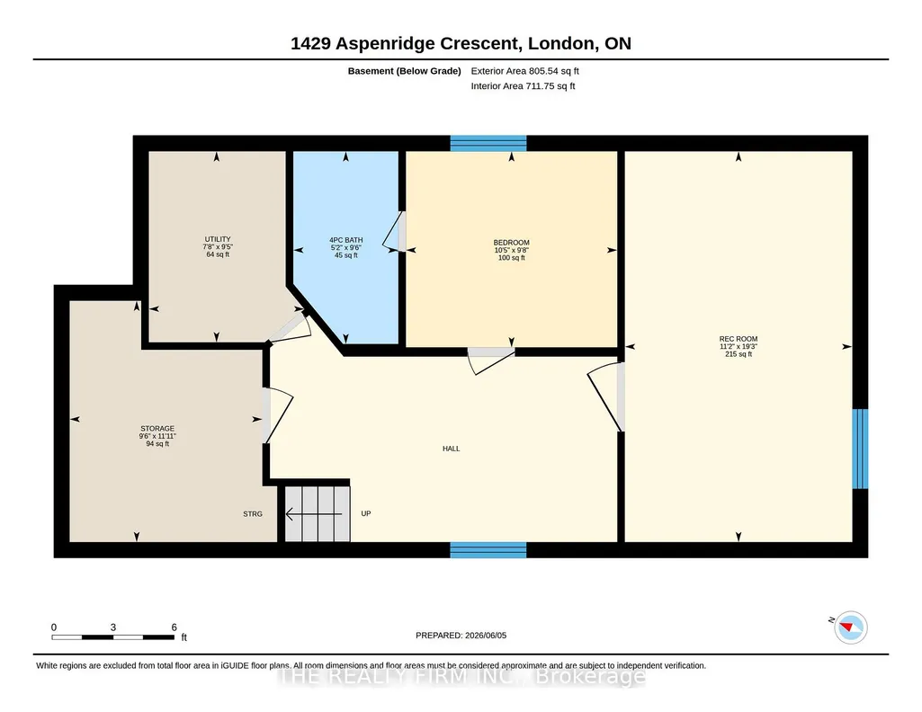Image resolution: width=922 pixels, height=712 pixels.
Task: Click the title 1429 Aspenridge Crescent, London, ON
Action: point(461,43)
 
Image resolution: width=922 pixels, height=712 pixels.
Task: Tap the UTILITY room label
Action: point(218,239)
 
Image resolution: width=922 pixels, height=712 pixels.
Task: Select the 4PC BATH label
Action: point(345,240)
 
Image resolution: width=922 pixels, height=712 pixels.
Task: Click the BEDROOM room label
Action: point(512,243)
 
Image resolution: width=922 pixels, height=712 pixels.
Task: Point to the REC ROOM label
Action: point(738,339)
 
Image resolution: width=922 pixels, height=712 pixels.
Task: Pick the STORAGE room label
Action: point(157,428)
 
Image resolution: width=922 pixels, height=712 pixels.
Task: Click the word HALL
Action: point(451,449)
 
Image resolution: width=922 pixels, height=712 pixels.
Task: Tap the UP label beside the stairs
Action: point(366,513)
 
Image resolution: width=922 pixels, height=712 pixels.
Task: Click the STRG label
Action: point(253,514)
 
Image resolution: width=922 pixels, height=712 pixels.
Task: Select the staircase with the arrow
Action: point(318,513)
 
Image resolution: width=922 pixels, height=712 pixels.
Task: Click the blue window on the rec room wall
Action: point(860,449)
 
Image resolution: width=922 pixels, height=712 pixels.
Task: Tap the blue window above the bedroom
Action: point(488,143)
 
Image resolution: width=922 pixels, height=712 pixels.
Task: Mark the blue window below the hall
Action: point(488,550)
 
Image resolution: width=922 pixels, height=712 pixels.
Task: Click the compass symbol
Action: point(851,627)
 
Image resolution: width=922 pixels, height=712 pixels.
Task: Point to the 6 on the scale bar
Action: point(174,627)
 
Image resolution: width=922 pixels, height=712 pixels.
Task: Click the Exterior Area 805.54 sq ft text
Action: point(525,71)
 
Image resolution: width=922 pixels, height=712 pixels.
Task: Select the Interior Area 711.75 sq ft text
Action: point(523,85)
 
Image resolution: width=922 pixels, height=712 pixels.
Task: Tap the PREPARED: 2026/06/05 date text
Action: point(461,635)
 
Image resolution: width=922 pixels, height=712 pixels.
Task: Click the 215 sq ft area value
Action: point(738,354)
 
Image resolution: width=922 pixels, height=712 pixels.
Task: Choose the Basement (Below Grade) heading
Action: point(405,71)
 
